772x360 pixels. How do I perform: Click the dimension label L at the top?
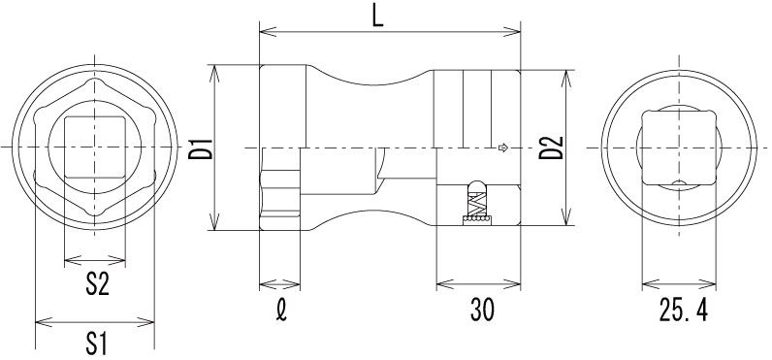tap(377, 16)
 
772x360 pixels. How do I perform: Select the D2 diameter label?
tap(551, 147)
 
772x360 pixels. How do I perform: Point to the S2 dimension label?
tap(97, 284)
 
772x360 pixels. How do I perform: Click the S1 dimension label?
tap(97, 344)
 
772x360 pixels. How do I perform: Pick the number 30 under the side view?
tap(482, 311)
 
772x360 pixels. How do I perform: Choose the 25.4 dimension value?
tap(684, 311)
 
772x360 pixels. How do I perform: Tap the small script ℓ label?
tap(280, 311)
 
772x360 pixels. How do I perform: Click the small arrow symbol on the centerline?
tap(502, 147)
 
